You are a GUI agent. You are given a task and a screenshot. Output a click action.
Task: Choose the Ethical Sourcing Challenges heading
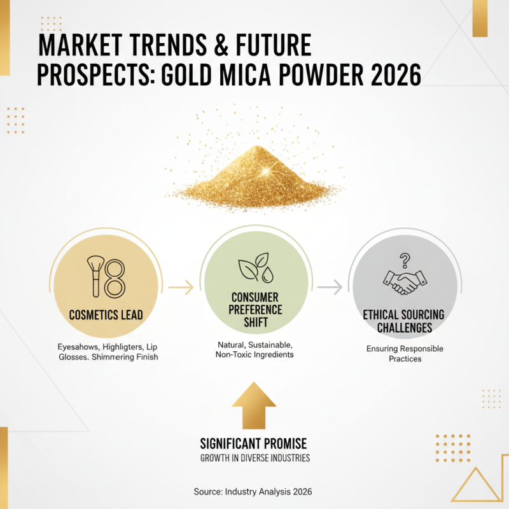click(x=404, y=322)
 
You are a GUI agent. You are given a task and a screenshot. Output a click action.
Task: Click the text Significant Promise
click(x=254, y=443)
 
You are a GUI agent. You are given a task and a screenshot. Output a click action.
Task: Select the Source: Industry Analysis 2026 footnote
click(x=253, y=492)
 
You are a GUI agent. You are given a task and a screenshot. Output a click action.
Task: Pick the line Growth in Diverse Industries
click(x=254, y=458)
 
